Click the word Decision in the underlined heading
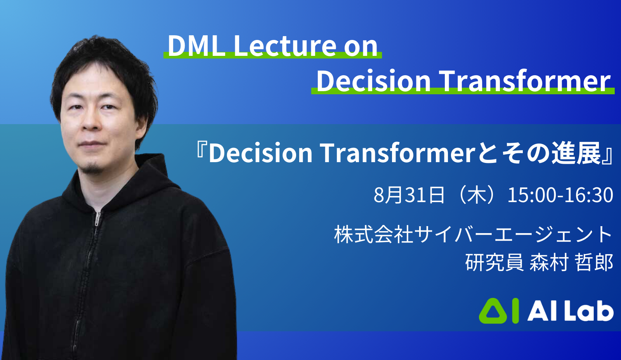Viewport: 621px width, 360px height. pyautogui.click(x=373, y=81)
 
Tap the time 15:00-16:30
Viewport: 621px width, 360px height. pyautogui.click(x=560, y=195)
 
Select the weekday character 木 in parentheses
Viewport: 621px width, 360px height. pyautogui.click(x=477, y=195)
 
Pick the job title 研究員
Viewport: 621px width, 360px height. pyautogui.click(x=494, y=263)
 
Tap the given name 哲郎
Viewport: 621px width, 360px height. pyautogui.click(x=594, y=263)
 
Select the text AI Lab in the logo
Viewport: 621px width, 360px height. pyautogui.click(x=570, y=312)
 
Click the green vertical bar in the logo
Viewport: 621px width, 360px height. pyautogui.click(x=515, y=311)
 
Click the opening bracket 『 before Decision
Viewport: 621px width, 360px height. pyautogui.click(x=201, y=151)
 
